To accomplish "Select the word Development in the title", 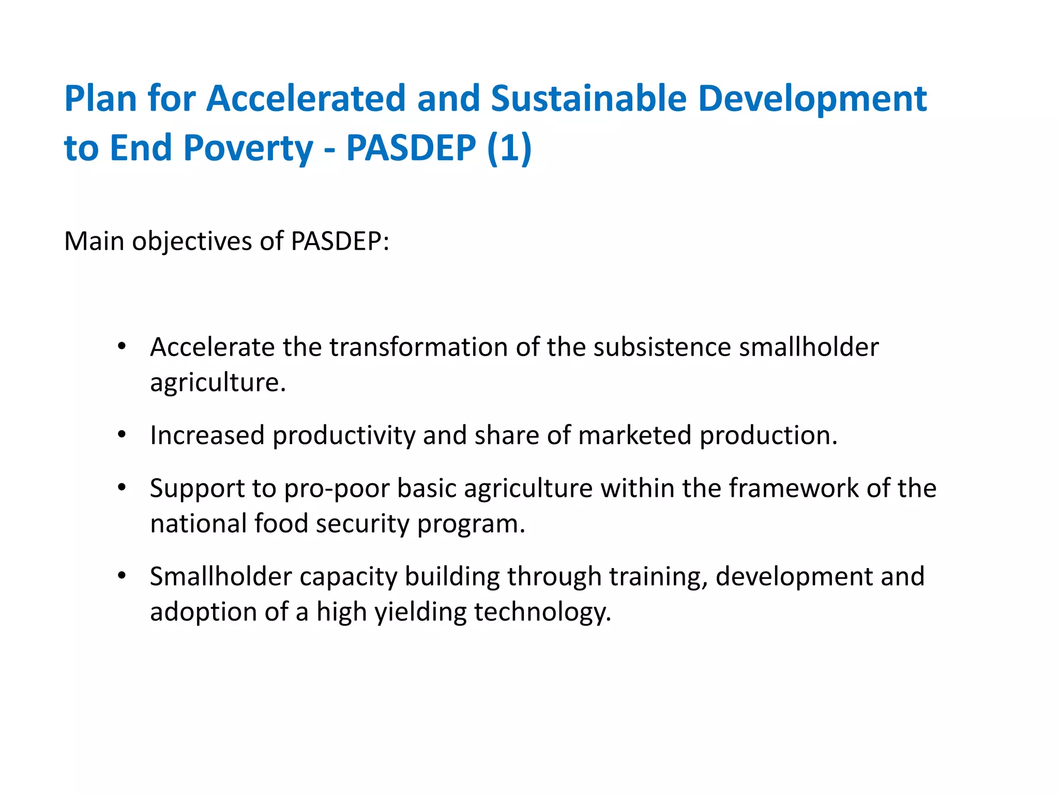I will pyautogui.click(x=812, y=99).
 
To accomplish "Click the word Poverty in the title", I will pyautogui.click(x=248, y=148).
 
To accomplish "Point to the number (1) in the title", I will pyautogui.click(x=509, y=148).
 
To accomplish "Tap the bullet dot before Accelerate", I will pyautogui.click(x=122, y=346).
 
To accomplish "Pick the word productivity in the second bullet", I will pyautogui.click(x=344, y=435).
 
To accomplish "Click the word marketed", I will pyautogui.click(x=634, y=435).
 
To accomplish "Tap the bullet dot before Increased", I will pyautogui.click(x=122, y=435).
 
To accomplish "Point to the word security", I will pyautogui.click(x=362, y=524).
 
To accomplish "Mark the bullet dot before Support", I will pyautogui.click(x=122, y=487).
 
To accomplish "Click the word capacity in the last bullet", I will pyautogui.click(x=348, y=577).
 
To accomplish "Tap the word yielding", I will pyautogui.click(x=420, y=613).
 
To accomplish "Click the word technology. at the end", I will pyautogui.click(x=542, y=613).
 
